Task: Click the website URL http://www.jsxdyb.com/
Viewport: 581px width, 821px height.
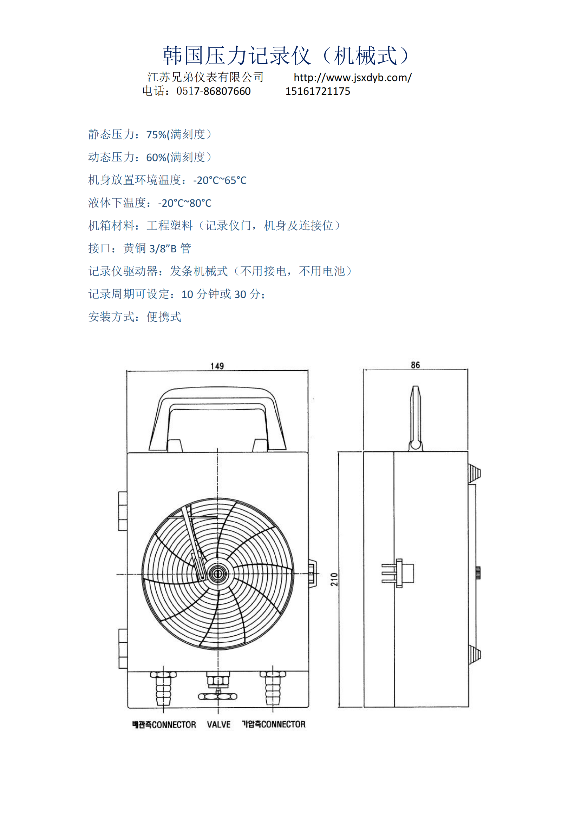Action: (x=353, y=77)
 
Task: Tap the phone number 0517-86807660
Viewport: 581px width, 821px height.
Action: (x=214, y=91)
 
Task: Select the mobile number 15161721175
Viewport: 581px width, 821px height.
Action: (x=318, y=91)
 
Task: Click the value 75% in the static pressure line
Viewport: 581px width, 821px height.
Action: (x=156, y=134)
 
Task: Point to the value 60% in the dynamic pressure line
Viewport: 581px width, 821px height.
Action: (x=156, y=157)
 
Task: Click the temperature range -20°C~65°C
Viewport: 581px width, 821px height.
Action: (x=220, y=180)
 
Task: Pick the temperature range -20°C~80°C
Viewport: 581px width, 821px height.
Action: (x=185, y=203)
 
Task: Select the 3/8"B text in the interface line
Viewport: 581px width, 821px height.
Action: (x=163, y=249)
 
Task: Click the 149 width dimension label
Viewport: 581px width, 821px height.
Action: (x=217, y=366)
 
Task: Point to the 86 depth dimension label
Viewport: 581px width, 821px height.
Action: (x=415, y=365)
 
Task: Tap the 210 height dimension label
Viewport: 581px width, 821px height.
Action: (x=334, y=579)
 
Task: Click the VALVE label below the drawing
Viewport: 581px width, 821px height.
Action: (x=218, y=724)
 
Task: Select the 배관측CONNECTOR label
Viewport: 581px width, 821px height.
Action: (x=164, y=724)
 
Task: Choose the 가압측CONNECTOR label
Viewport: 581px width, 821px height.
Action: (x=274, y=724)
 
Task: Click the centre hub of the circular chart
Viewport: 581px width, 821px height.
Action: (x=217, y=574)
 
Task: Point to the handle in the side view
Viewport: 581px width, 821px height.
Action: (x=415, y=418)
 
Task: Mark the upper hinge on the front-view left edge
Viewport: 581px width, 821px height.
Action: (x=123, y=511)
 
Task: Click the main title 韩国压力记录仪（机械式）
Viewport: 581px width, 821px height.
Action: (x=286, y=55)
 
